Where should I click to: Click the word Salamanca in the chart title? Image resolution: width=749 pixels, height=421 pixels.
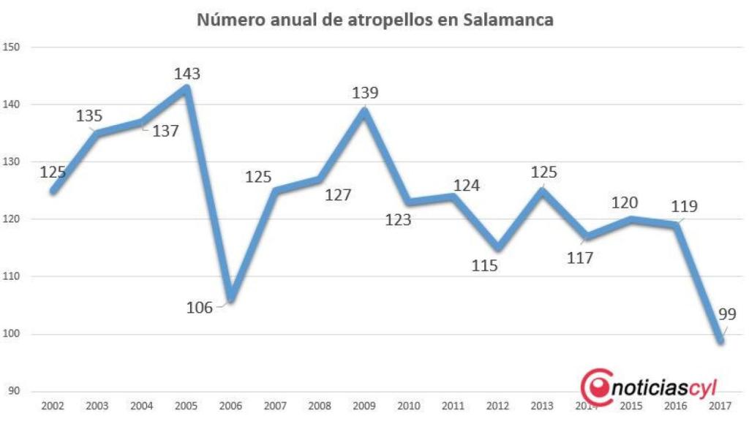click(508, 20)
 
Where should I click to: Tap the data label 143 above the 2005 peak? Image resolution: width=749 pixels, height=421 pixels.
click(187, 74)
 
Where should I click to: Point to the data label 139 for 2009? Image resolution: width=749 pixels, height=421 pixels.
click(365, 93)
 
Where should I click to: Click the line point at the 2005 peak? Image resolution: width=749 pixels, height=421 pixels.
click(187, 88)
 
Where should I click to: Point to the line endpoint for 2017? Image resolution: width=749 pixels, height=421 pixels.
click(721, 340)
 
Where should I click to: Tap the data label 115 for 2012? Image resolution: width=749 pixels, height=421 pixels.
click(484, 265)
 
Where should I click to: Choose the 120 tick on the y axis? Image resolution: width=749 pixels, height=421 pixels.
click(15, 219)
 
